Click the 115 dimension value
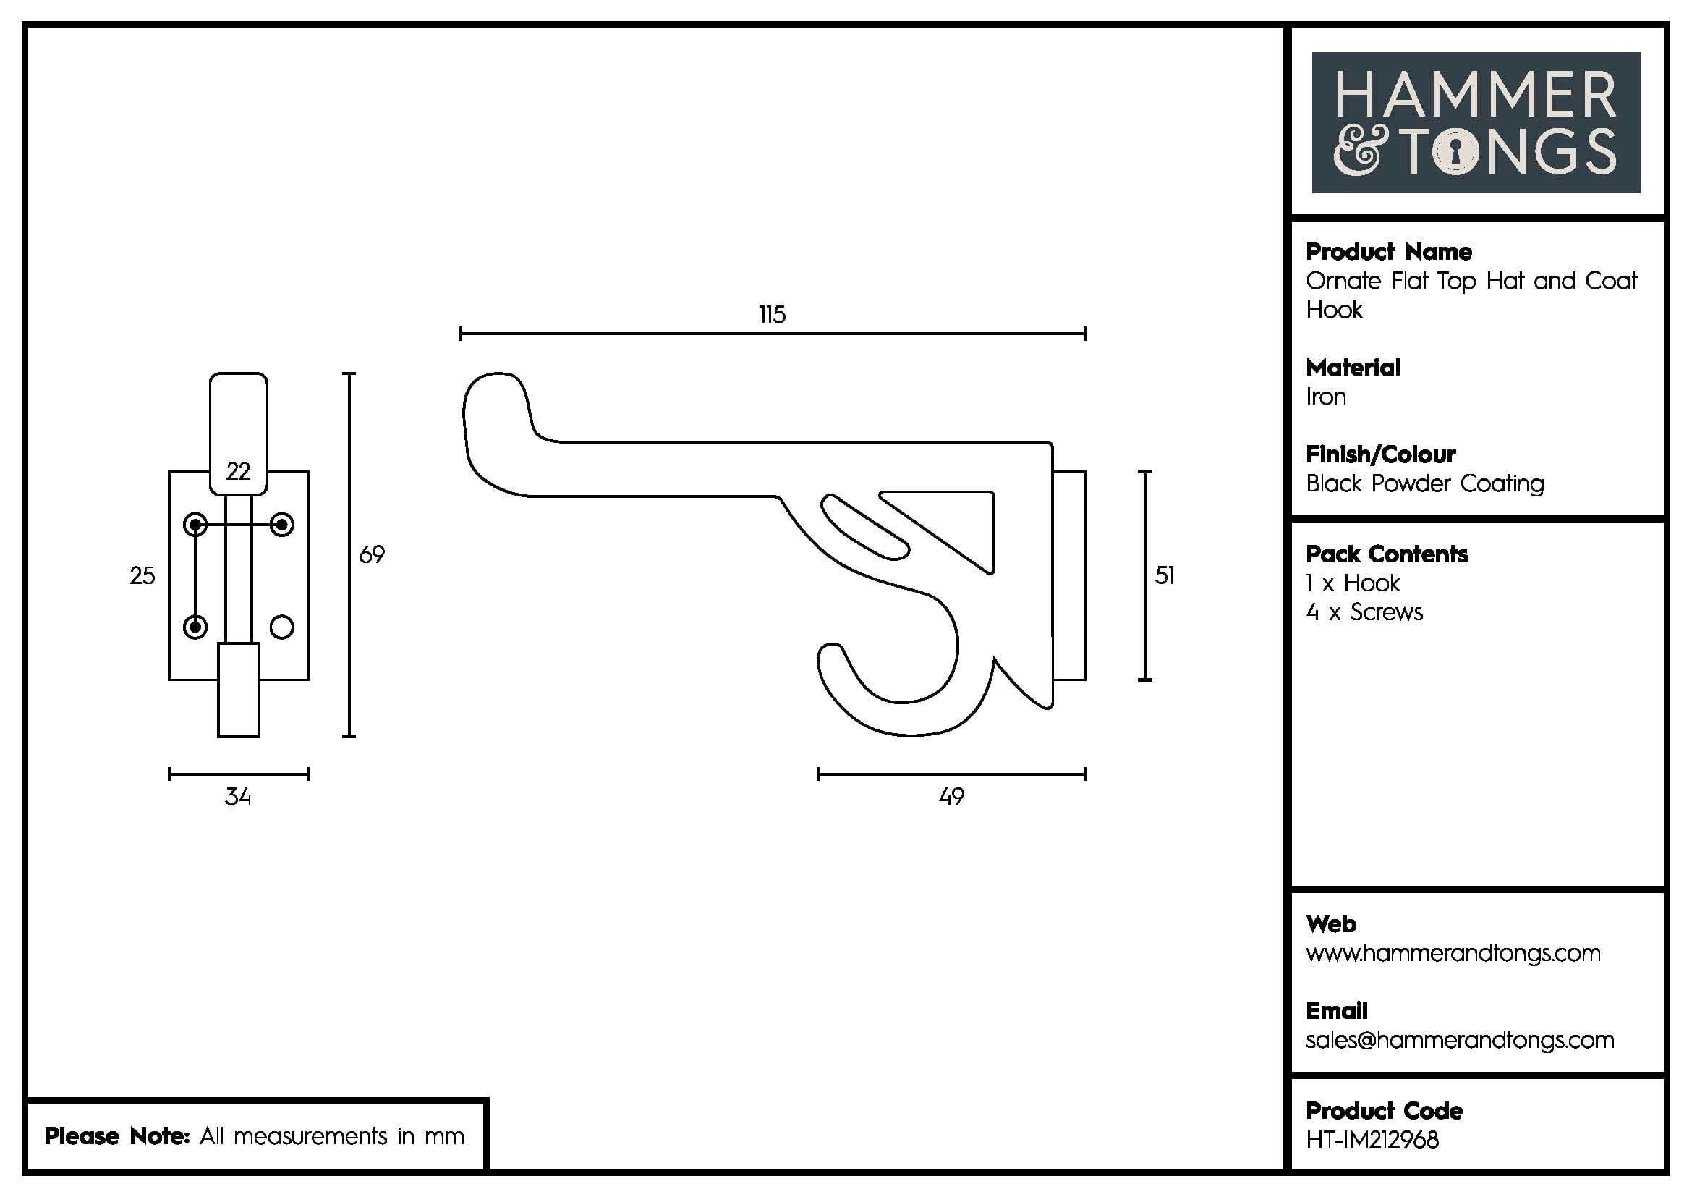pyautogui.click(x=773, y=315)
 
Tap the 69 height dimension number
pyautogui.click(x=371, y=554)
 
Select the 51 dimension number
pyautogui.click(x=1165, y=575)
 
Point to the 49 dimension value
pyautogui.click(x=951, y=796)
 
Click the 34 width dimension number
pyautogui.click(x=238, y=797)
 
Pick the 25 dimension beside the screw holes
pyautogui.click(x=143, y=575)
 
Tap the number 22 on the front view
pyautogui.click(x=238, y=471)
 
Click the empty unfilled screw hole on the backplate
pyautogui.click(x=282, y=627)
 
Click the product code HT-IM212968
pyautogui.click(x=1372, y=1140)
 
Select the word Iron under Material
pyautogui.click(x=1326, y=397)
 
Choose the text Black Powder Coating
pyautogui.click(x=1424, y=483)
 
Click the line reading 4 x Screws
pyautogui.click(x=1364, y=612)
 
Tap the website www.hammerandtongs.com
pyautogui.click(x=1453, y=953)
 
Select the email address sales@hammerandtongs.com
pyautogui.click(x=1459, y=1040)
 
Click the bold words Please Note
pyautogui.click(x=117, y=1135)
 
